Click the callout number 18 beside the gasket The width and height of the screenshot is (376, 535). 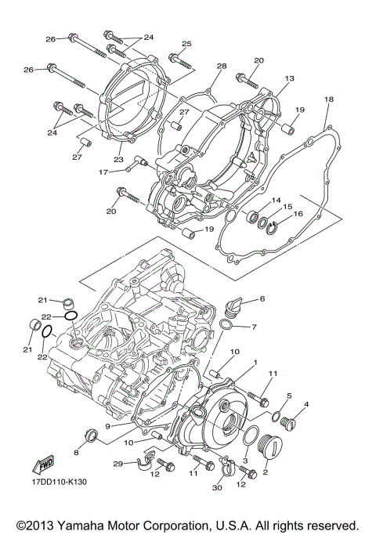click(x=329, y=99)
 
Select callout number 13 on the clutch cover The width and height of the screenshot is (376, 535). click(x=289, y=79)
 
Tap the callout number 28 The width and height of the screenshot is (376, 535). click(x=222, y=66)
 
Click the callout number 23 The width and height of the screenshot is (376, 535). click(x=119, y=159)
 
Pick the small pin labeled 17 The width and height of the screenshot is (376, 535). click(x=142, y=162)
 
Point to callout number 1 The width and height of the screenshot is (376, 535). click(x=254, y=363)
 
